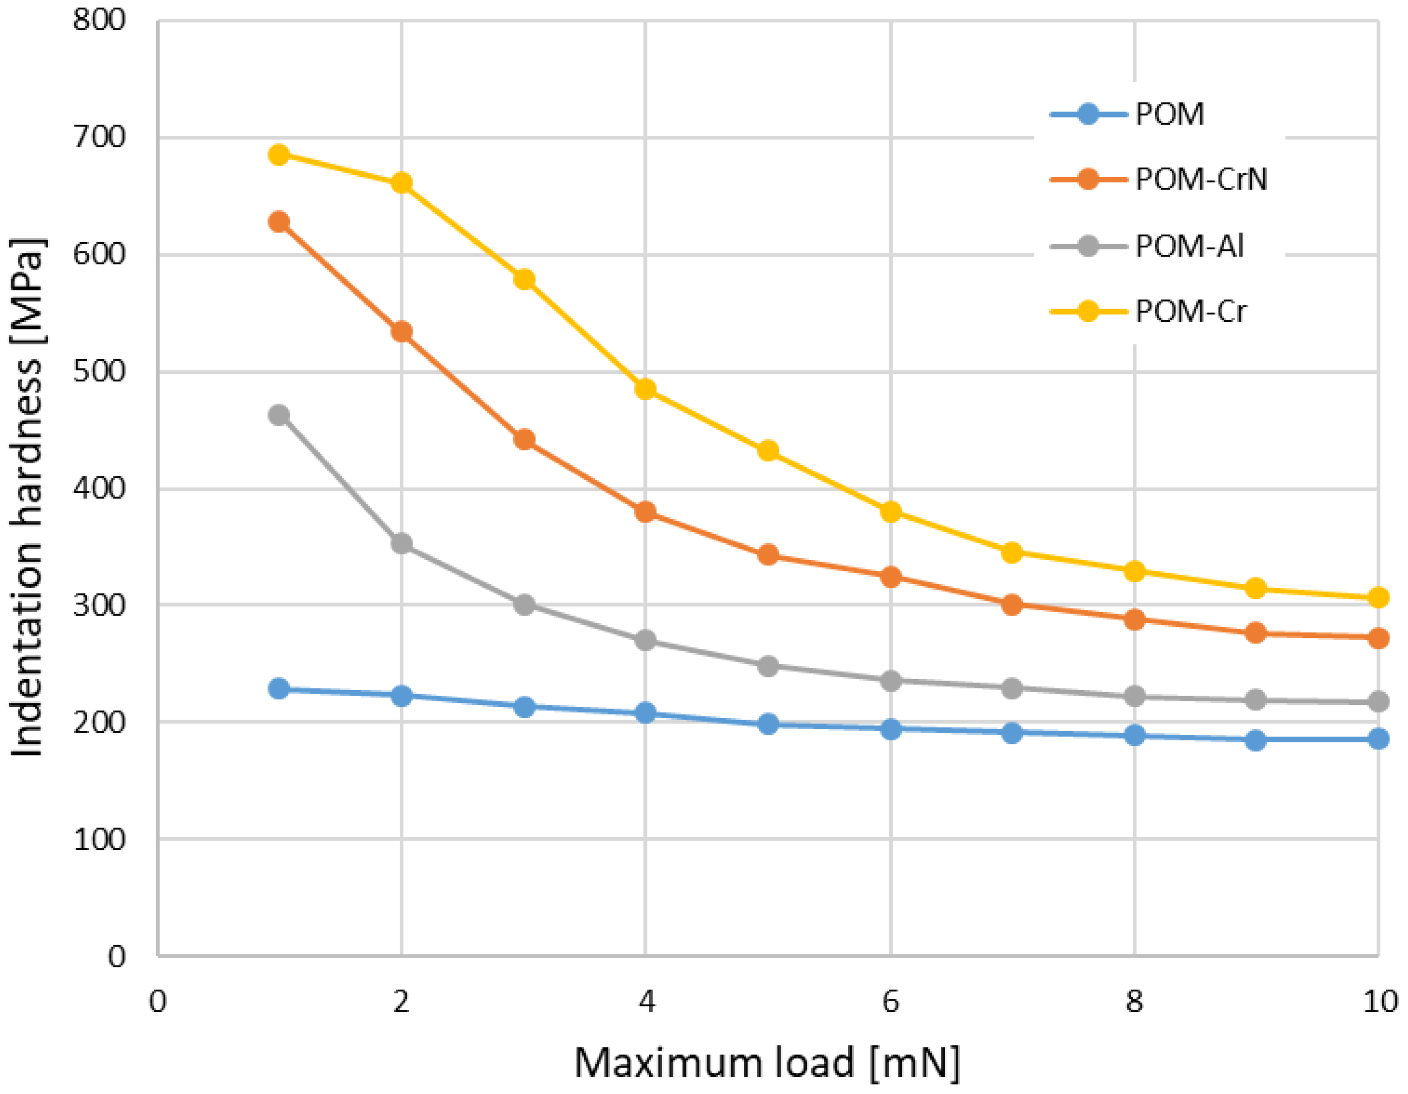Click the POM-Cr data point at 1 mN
[279, 154]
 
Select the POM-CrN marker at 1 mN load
[279, 222]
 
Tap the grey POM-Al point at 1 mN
[279, 414]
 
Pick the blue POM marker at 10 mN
[1378, 739]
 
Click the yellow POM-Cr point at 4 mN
[645, 389]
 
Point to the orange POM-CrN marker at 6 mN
[890, 576]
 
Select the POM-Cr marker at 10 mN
[1378, 597]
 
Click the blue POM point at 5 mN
[768, 724]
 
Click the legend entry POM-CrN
[1200, 179]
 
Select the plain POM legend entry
[1169, 115]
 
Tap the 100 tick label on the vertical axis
[99, 839]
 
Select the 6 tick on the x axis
[890, 1001]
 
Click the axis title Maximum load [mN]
[767, 1063]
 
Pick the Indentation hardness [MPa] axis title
[27, 497]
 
